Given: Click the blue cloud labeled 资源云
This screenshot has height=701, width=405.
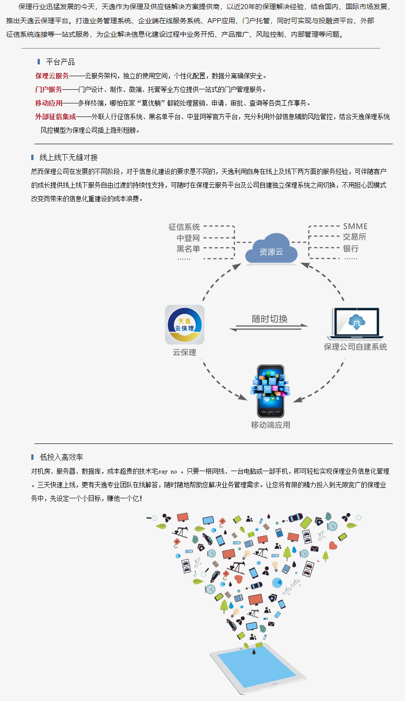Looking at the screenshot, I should (x=271, y=249).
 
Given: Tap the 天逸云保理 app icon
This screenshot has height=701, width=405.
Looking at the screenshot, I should (x=184, y=325).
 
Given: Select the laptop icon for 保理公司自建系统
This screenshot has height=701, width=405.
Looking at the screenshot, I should (x=356, y=323).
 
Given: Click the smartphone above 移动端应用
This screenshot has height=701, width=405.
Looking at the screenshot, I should (x=270, y=391).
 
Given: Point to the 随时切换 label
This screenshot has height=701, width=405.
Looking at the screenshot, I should (x=270, y=319).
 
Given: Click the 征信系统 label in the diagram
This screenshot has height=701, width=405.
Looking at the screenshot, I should (x=184, y=227).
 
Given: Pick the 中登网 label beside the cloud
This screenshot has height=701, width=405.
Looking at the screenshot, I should (x=188, y=238).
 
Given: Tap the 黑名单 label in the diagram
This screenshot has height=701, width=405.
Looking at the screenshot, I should (x=188, y=248).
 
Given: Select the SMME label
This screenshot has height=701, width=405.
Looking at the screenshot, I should (x=355, y=226).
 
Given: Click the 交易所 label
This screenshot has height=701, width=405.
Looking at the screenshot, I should (x=354, y=237).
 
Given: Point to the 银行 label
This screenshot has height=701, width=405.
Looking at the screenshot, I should (x=351, y=248).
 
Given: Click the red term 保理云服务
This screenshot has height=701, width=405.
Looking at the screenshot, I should (x=52, y=76).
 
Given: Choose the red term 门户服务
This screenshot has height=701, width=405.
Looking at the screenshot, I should (x=49, y=89).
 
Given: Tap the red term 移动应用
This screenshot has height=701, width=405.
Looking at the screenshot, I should (x=49, y=103).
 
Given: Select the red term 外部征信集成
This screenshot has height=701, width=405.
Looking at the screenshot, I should (x=56, y=117).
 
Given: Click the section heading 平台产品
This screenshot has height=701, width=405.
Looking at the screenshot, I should (x=60, y=62).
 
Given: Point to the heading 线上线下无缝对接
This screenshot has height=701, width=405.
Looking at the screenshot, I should (x=68, y=157).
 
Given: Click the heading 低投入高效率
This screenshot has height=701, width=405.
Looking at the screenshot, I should (x=61, y=457).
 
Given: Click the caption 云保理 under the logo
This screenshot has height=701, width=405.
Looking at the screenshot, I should (x=184, y=352).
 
